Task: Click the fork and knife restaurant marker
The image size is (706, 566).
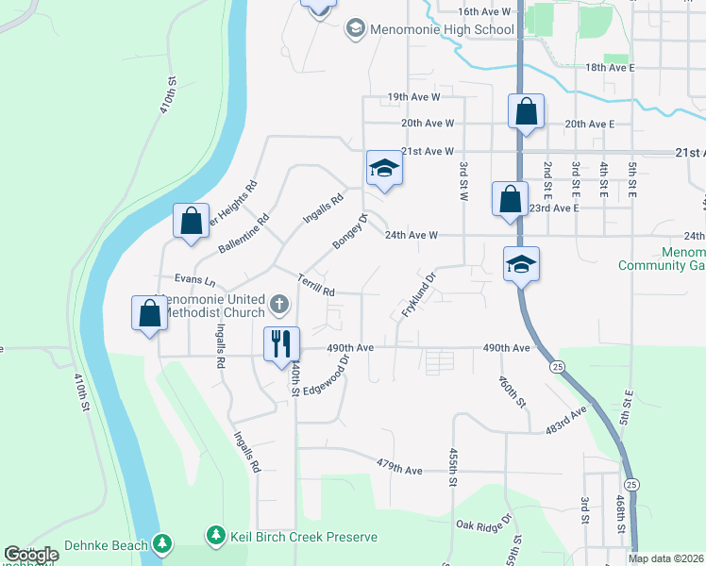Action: pos(280,343)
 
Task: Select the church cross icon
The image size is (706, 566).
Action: pos(278,305)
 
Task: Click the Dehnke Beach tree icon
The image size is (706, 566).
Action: pos(163,544)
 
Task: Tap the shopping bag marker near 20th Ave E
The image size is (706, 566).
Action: pos(526,112)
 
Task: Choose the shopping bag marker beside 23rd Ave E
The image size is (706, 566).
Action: pos(510,200)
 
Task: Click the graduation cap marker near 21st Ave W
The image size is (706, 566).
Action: pos(384,170)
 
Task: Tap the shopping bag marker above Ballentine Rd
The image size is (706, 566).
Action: pos(192,223)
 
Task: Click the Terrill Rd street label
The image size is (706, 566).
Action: pos(316,287)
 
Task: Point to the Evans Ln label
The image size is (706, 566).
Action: pos(195,280)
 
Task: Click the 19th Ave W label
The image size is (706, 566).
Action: pos(414,97)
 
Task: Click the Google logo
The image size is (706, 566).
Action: pos(31,555)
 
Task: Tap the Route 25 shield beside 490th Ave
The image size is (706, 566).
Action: pos(560,365)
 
